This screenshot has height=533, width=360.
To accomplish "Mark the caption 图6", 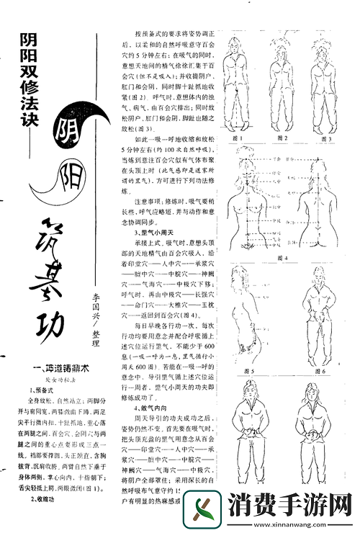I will click(x=319, y=372).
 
